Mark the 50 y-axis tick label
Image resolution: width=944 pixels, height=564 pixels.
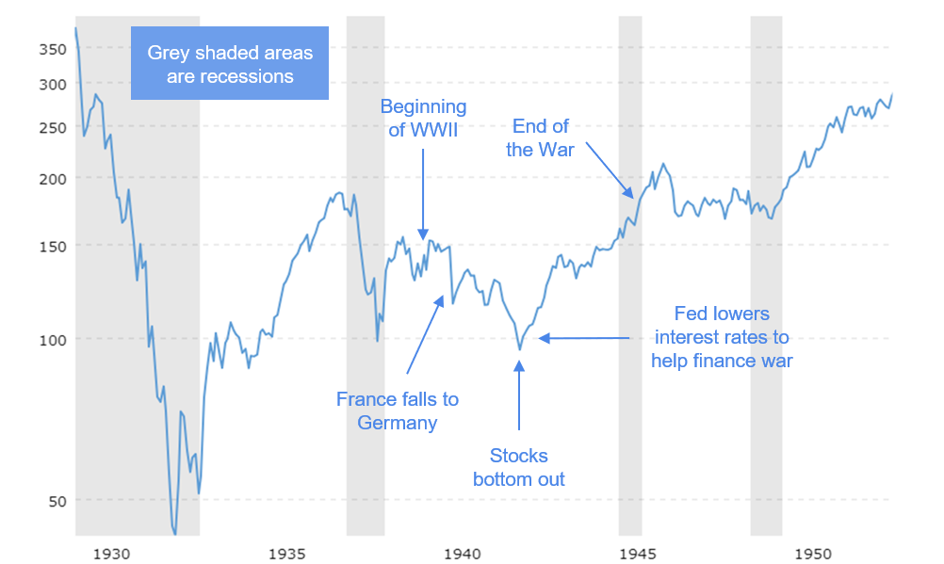tap(56, 500)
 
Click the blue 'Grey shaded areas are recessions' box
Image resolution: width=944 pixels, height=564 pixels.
tap(230, 64)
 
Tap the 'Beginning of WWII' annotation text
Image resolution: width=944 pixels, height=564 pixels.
tap(423, 119)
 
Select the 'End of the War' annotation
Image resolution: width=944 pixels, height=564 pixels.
tap(541, 137)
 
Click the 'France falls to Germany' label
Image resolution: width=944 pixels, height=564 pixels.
tap(398, 411)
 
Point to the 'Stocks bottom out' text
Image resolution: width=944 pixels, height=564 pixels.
tap(519, 467)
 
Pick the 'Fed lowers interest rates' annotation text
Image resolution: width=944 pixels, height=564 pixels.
tap(722, 337)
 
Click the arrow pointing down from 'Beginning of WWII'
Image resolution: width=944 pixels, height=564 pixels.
tap(423, 192)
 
